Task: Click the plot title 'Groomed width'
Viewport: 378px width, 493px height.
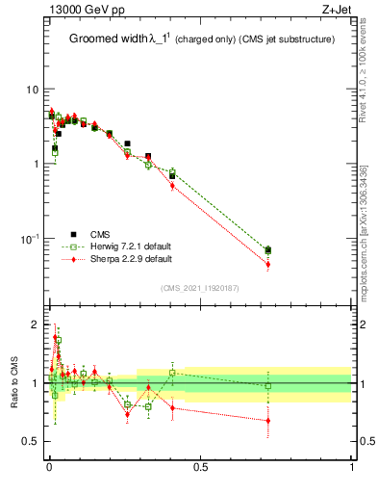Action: click(x=109, y=39)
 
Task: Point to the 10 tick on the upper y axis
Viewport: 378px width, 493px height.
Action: click(x=32, y=90)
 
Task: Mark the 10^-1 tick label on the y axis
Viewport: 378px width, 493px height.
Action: click(x=29, y=239)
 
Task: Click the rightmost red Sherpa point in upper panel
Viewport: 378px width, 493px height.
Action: click(x=268, y=264)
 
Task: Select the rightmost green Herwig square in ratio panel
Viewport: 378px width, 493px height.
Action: click(x=268, y=386)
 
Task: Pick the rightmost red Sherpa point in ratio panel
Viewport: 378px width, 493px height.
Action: click(x=268, y=420)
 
